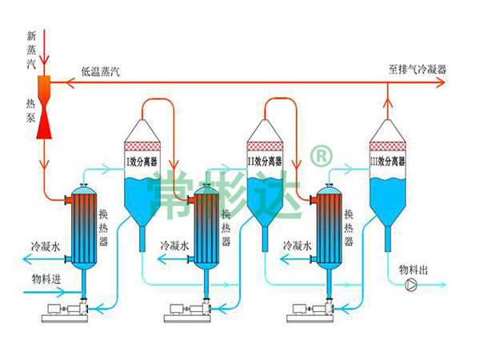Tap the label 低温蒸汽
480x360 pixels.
[100, 72]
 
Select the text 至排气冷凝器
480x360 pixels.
[417, 70]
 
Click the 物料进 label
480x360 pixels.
[46, 279]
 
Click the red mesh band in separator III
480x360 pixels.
[388, 146]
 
